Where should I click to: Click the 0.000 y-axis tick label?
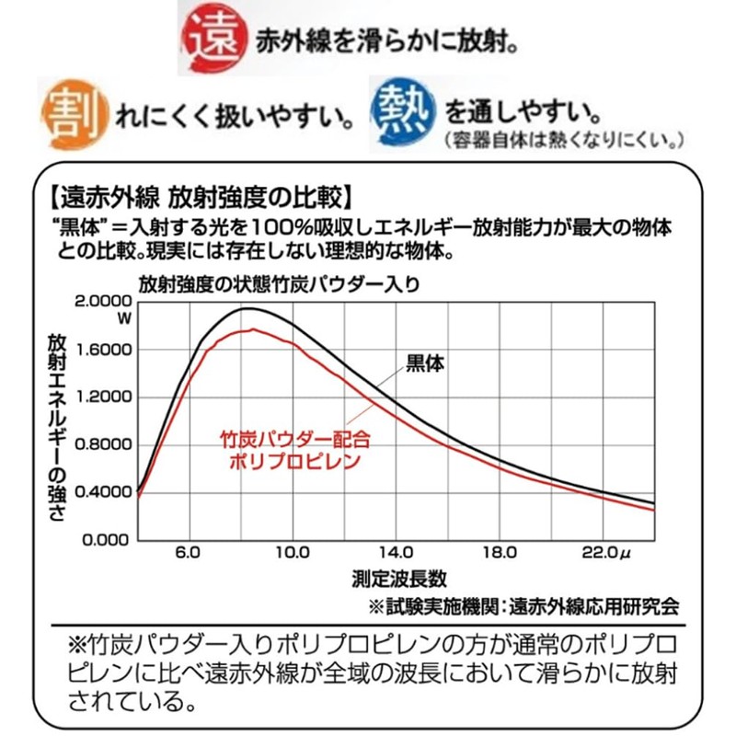(x=103, y=540)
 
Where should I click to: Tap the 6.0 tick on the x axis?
(x=187, y=554)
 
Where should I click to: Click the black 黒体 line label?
(x=425, y=362)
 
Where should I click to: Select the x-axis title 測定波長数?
(x=398, y=580)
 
